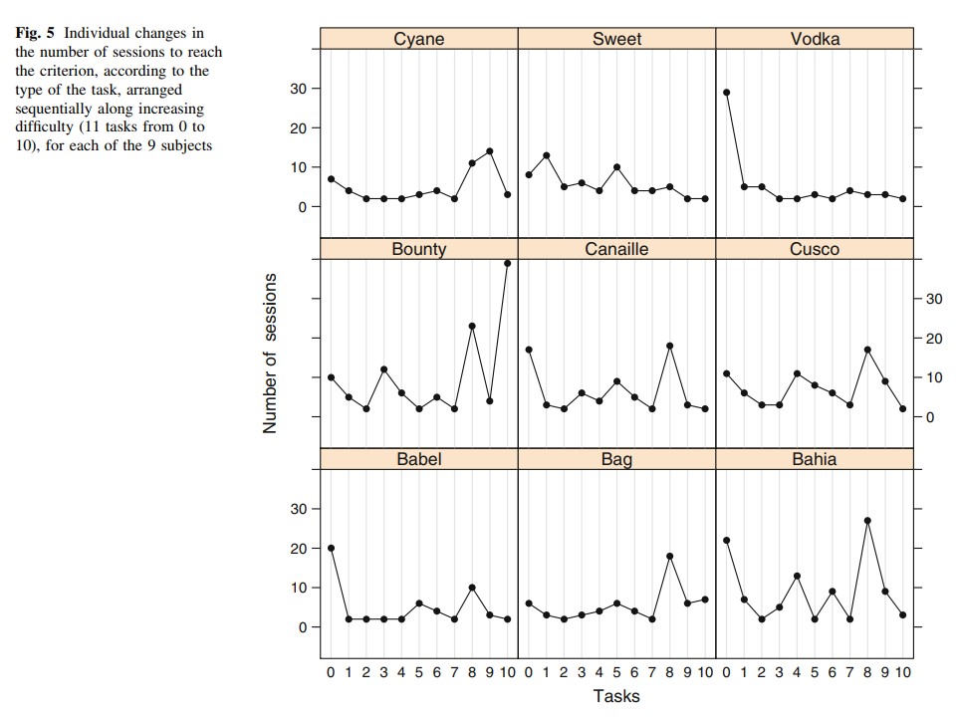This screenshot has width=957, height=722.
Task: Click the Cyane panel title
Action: [418, 39]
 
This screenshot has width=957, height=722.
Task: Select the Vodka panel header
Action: [815, 39]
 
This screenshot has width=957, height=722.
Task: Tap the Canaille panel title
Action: [616, 249]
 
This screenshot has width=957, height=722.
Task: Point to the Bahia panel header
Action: [815, 459]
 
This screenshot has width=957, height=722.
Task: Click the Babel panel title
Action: [418, 459]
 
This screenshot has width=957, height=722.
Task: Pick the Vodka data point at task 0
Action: [727, 92]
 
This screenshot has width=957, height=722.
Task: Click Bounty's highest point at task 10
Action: [507, 263]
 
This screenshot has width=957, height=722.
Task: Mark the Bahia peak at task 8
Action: [868, 520]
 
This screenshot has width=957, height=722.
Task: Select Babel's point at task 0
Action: [331, 548]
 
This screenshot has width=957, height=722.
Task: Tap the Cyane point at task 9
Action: [490, 151]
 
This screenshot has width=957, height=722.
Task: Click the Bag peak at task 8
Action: [670, 556]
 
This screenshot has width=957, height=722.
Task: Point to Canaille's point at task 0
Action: [529, 350]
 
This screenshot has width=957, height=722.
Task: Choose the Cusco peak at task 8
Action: [868, 350]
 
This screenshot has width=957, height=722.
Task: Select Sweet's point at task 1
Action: [547, 155]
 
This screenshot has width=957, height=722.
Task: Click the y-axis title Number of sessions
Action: [270, 354]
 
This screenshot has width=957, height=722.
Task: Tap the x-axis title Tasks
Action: [616, 696]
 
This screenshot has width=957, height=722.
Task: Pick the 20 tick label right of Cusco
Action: [933, 339]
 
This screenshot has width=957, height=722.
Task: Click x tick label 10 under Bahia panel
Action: [902, 673]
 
